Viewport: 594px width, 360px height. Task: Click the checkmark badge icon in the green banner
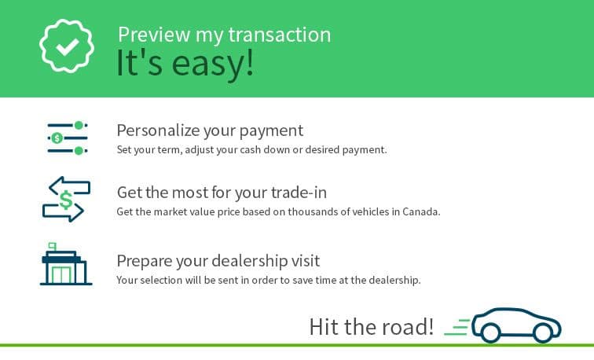tap(67, 46)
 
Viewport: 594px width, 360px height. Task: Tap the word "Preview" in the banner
tap(154, 35)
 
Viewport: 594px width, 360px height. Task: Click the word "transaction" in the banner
tap(280, 35)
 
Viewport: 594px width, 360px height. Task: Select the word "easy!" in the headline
tap(212, 63)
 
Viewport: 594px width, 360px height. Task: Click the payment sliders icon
tap(68, 138)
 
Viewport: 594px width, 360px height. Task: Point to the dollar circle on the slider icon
tap(57, 138)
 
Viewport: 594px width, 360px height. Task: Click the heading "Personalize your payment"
tap(210, 130)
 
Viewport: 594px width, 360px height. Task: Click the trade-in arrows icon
tap(66, 199)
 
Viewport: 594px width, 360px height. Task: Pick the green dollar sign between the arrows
tap(66, 200)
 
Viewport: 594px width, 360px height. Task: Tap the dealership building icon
tap(66, 264)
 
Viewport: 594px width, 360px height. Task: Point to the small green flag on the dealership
tap(53, 246)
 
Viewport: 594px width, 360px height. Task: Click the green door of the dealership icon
tap(61, 275)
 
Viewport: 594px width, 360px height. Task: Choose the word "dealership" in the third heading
tap(249, 261)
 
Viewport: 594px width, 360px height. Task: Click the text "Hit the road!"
tap(371, 327)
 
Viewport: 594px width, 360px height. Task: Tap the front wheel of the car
tap(543, 332)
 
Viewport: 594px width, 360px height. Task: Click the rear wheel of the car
tap(490, 332)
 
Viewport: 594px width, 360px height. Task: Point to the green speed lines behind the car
tap(457, 328)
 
